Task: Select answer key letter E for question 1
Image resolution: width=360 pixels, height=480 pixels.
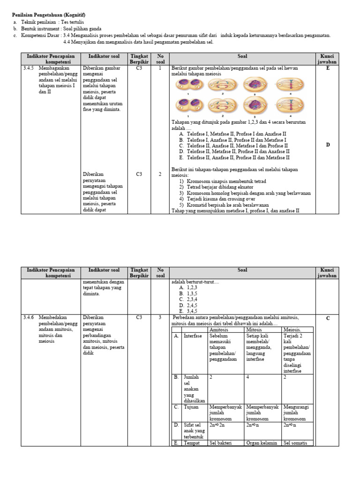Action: pyautogui.click(x=328, y=68)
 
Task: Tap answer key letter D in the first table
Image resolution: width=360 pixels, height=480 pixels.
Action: pyautogui.click(x=328, y=145)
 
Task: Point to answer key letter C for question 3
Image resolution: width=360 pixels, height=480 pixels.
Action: pyautogui.click(x=328, y=318)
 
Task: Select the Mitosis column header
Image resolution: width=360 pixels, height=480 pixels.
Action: pyautogui.click(x=255, y=330)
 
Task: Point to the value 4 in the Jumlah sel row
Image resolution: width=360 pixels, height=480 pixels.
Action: pyautogui.click(x=248, y=377)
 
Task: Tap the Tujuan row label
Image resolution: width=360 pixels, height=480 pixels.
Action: pyautogui.click(x=192, y=407)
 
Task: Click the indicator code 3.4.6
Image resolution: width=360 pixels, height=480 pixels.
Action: pyautogui.click(x=29, y=317)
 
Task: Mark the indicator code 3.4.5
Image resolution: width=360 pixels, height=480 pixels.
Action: pyautogui.click(x=29, y=68)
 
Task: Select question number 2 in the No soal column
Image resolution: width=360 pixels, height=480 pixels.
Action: pyautogui.click(x=160, y=174)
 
